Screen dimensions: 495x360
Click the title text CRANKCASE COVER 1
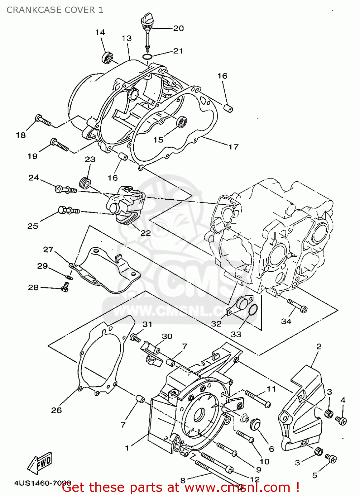[x=55, y=10]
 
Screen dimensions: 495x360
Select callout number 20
[x=179, y=28]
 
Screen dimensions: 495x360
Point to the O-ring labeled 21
[x=147, y=57]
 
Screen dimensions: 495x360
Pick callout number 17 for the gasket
[x=233, y=147]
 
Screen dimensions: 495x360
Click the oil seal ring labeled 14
[x=107, y=57]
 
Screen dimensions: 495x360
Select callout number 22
[x=146, y=233]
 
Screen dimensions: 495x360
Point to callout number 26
[x=56, y=410]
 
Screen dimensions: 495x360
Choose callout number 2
[x=319, y=346]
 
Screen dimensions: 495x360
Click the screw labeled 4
[x=341, y=420]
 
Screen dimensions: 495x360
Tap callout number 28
[x=33, y=287]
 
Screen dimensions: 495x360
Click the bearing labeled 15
[x=181, y=122]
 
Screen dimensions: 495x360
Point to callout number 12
[x=255, y=479]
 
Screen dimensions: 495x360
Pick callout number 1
[x=127, y=448]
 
